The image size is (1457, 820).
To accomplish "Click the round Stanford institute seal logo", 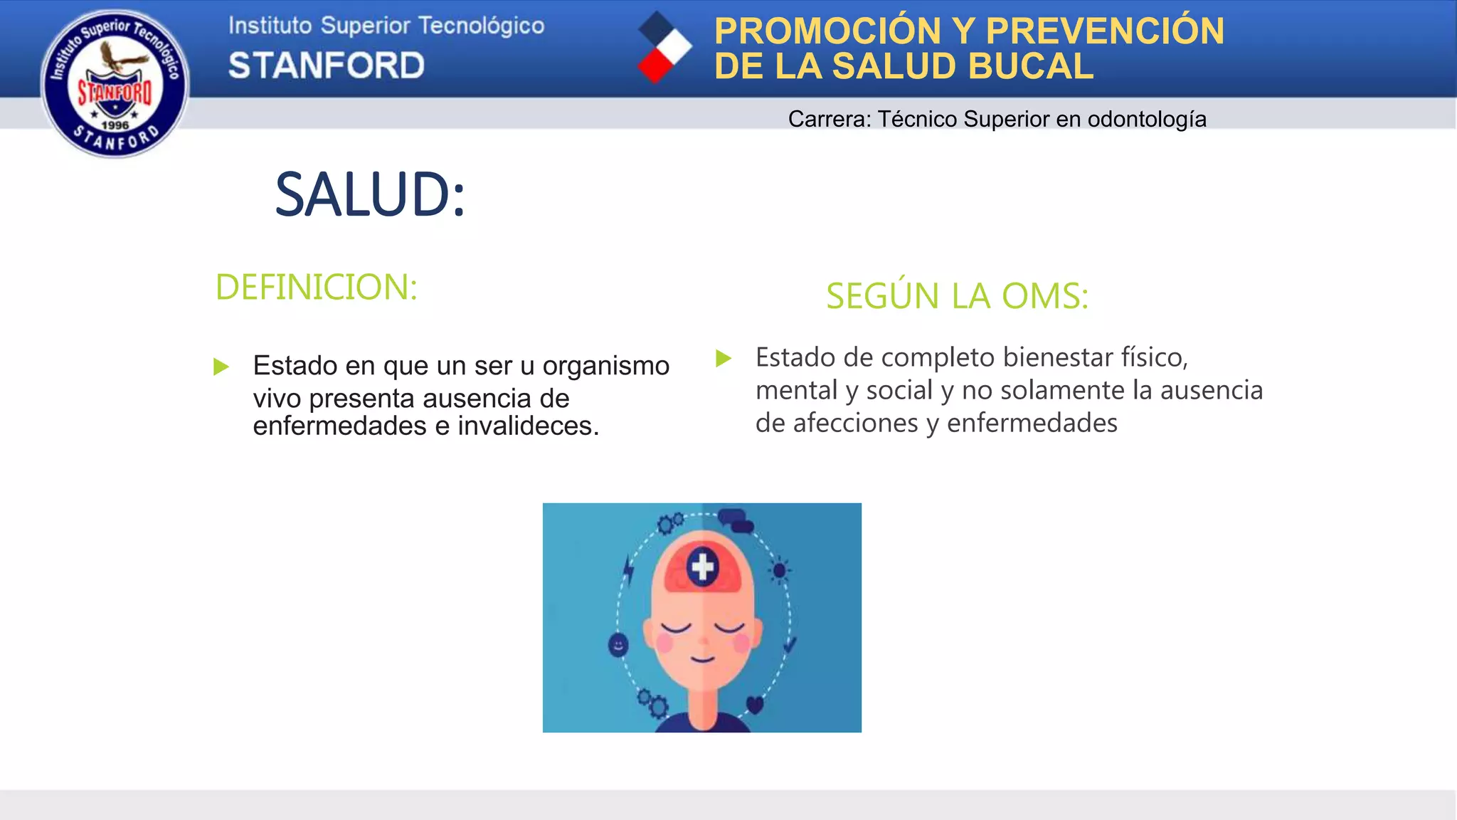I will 115,83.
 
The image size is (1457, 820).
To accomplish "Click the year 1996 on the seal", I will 115,125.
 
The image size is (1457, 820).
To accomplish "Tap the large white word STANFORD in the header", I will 327,65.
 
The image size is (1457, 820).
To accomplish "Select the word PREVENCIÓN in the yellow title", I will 1105,31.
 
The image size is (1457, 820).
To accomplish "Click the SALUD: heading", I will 370,194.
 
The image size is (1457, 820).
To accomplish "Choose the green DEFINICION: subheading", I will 316,287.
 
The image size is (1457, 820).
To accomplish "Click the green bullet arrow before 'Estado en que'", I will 221,367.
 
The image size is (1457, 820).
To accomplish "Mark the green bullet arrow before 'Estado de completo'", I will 724,358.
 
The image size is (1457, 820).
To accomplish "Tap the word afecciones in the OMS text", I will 837,423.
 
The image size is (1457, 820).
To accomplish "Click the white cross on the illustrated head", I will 702,567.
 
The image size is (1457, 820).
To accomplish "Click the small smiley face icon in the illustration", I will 618,646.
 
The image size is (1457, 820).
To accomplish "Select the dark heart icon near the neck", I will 755,705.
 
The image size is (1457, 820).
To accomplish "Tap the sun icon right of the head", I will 780,570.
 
